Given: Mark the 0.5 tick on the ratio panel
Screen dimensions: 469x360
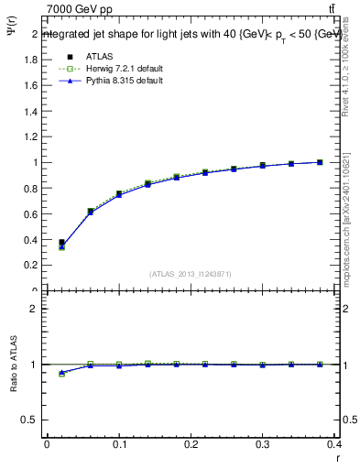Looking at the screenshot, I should coord(31,420).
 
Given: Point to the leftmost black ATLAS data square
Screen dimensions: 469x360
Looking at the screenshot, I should coord(61,243).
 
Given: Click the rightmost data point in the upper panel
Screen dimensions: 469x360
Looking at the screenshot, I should coord(320,162).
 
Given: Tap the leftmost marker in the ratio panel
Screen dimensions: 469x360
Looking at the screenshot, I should coord(61,374).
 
